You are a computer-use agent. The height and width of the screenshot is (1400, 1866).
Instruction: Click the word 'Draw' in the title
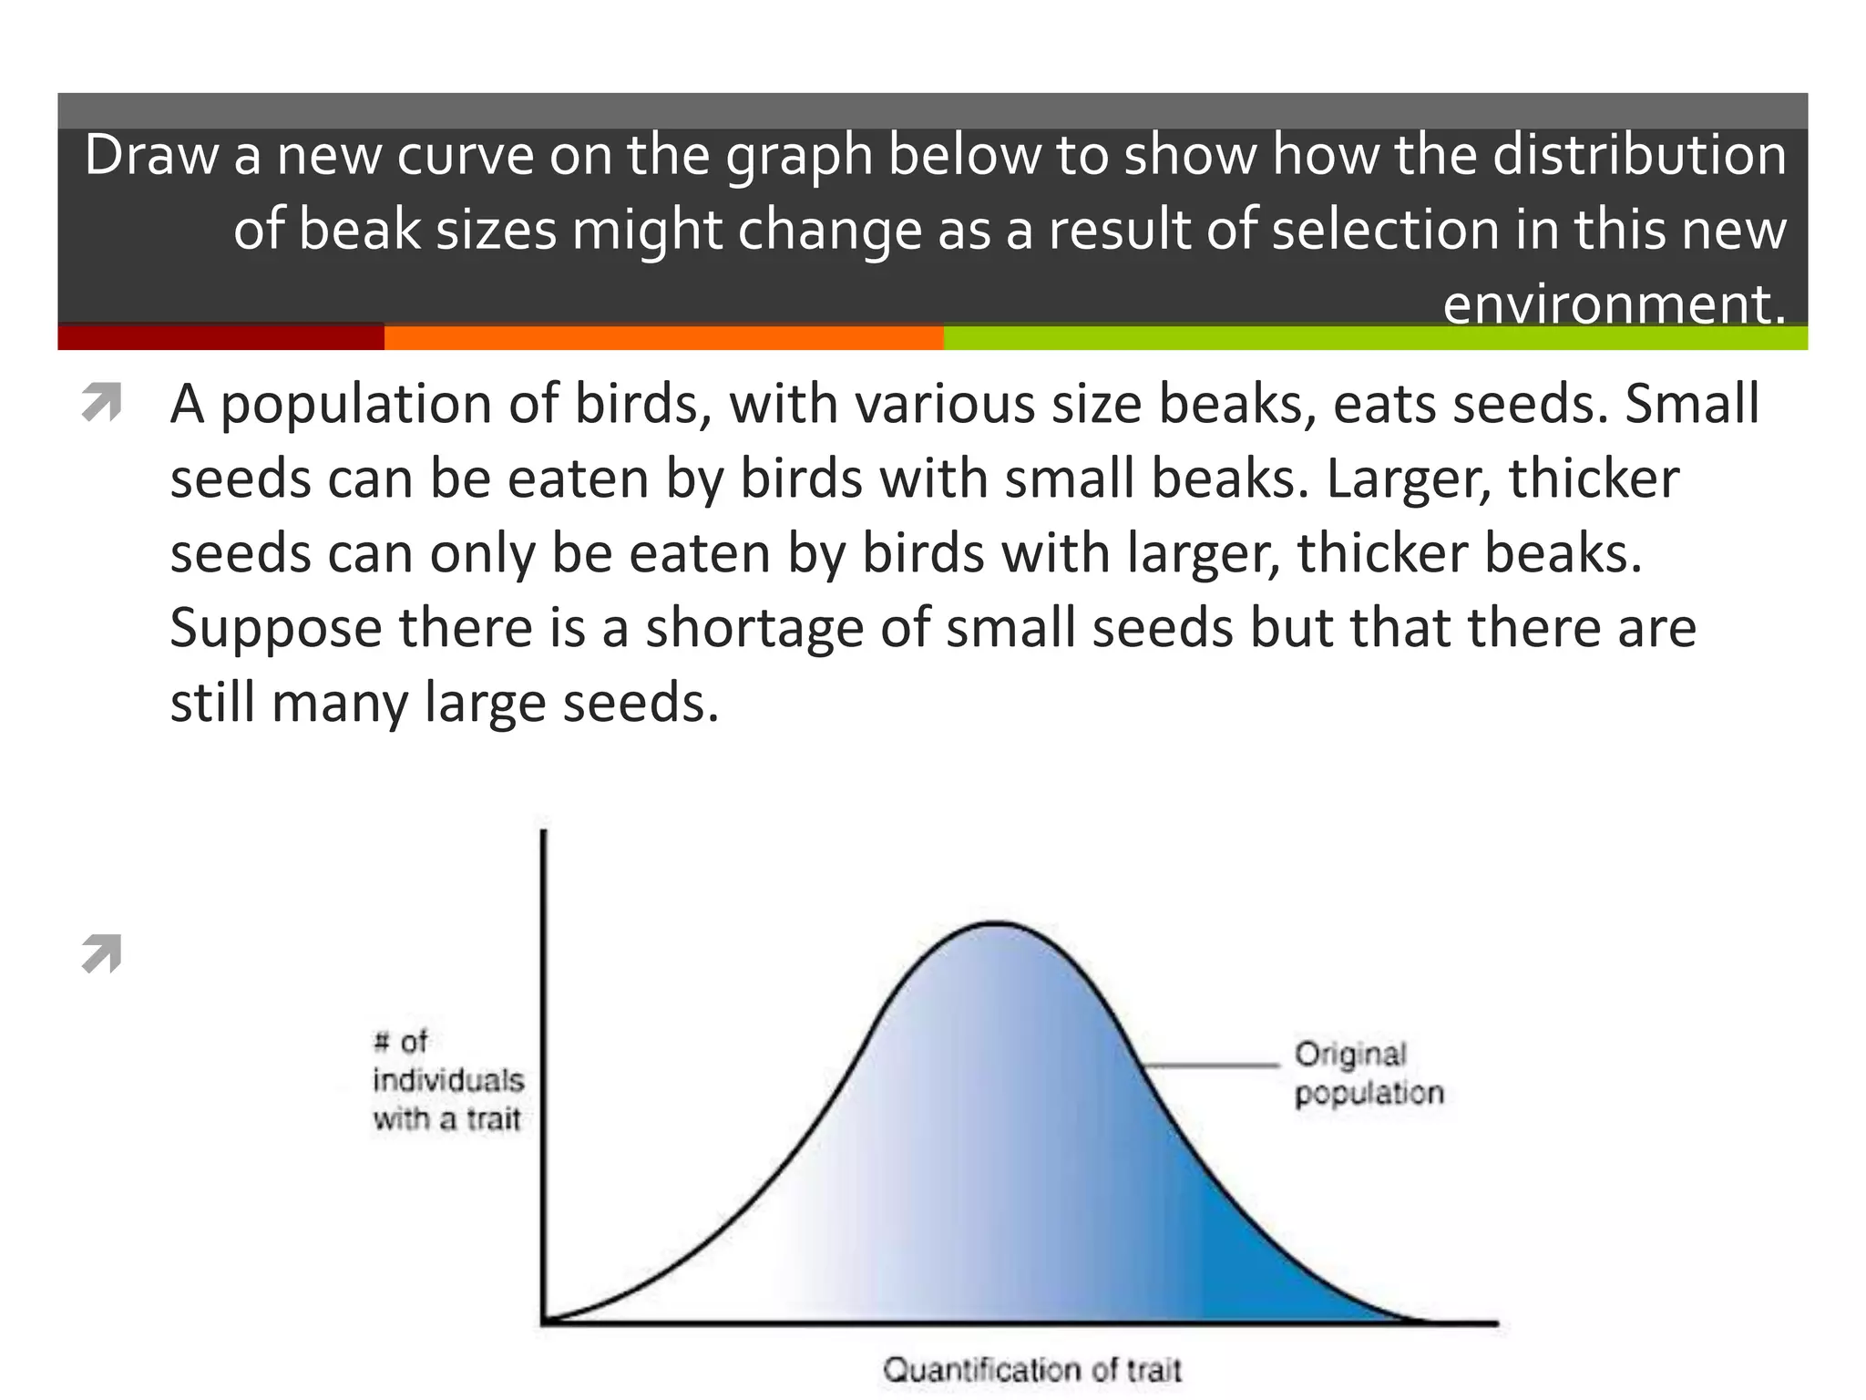(x=151, y=155)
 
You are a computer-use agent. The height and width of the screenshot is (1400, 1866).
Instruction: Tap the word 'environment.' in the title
(x=1614, y=304)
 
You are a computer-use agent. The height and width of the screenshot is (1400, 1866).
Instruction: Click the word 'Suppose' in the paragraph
(x=275, y=629)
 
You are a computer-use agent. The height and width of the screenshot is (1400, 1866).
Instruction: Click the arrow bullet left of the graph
(x=101, y=954)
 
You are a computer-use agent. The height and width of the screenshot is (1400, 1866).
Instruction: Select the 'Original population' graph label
(x=1369, y=1074)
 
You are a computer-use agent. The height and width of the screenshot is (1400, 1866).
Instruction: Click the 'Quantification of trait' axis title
(x=1031, y=1370)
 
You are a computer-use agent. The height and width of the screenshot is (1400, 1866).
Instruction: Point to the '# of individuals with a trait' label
(x=447, y=1080)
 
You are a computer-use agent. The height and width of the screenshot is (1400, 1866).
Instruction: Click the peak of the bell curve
(x=997, y=924)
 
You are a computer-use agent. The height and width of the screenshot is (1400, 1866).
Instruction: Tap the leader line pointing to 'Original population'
(x=1210, y=1064)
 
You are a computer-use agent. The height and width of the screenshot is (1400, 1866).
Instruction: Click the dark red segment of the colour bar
(x=220, y=337)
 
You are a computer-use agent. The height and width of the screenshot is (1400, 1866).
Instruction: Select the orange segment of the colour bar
(x=663, y=337)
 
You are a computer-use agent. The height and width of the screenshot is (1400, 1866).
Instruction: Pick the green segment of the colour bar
(x=1375, y=337)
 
